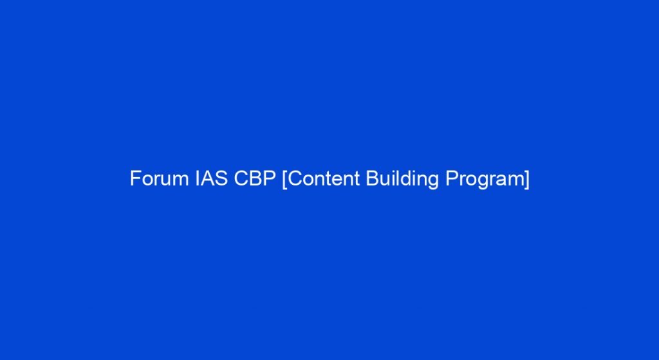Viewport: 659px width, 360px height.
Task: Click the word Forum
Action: pyautogui.click(x=160, y=178)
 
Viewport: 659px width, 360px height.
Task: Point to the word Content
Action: pyautogui.click(x=324, y=178)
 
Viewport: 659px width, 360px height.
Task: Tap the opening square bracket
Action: pyautogui.click(x=285, y=179)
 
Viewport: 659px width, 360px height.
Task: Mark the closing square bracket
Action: pyautogui.click(x=527, y=179)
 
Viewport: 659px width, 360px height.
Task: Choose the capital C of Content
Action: pyautogui.click(x=295, y=178)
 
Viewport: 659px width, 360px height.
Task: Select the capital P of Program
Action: pyautogui.click(x=451, y=178)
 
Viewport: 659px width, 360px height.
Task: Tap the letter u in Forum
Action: pyautogui.click(x=167, y=180)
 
